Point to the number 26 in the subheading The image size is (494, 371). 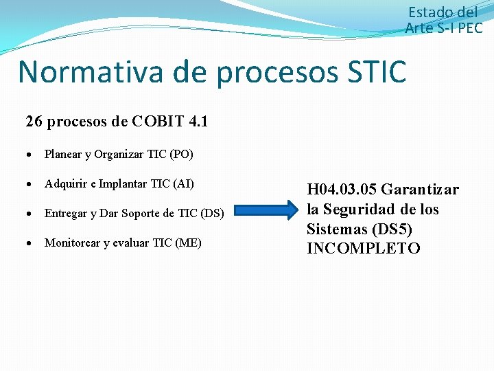(33, 122)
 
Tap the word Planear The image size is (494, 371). (63, 155)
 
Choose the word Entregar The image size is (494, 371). (64, 214)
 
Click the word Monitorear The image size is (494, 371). (72, 243)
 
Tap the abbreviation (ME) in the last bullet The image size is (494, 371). (189, 243)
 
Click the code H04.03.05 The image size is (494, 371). (341, 190)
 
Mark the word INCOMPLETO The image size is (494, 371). (364, 249)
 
